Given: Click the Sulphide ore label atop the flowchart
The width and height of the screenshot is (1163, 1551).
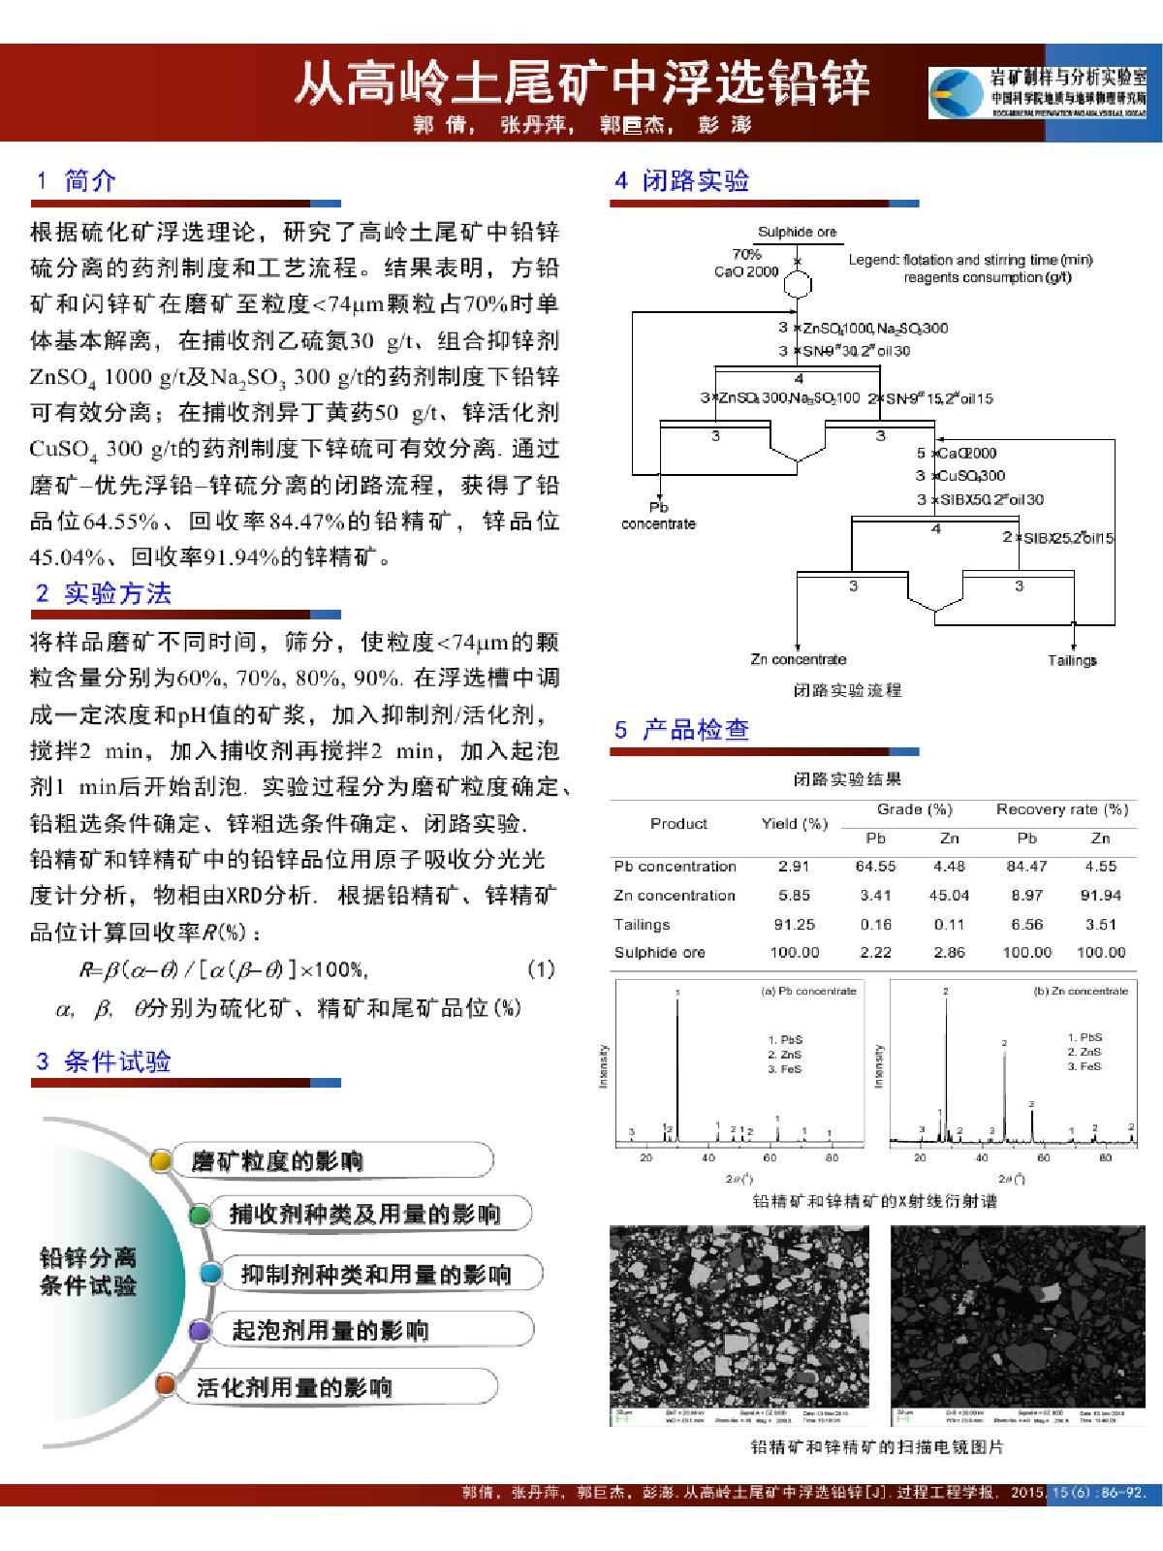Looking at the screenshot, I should pyautogui.click(x=797, y=232).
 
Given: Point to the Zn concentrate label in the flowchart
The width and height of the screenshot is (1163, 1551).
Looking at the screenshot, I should pyautogui.click(x=798, y=659).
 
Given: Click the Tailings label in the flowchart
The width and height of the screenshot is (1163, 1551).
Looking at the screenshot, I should pyautogui.click(x=1072, y=660).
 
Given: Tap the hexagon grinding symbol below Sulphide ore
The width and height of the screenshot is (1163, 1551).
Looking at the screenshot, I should pyautogui.click(x=797, y=286).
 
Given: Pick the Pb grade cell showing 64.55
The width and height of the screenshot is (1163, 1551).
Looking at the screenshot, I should pyautogui.click(x=875, y=867).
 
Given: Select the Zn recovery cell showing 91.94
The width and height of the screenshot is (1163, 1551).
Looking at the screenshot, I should pyautogui.click(x=1101, y=896).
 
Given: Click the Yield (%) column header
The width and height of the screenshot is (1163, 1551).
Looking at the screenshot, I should pyautogui.click(x=794, y=824).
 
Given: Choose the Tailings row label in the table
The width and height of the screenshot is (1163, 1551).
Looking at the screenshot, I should pyautogui.click(x=642, y=925).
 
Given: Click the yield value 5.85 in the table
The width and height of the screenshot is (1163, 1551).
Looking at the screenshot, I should pyautogui.click(x=794, y=896).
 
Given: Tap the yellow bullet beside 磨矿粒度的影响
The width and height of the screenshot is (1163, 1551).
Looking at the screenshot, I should pyautogui.click(x=162, y=1160).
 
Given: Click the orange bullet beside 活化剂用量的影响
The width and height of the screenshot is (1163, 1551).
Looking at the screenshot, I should pyautogui.click(x=166, y=1385).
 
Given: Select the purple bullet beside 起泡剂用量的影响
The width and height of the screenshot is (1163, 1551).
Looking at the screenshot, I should pyautogui.click(x=200, y=1330).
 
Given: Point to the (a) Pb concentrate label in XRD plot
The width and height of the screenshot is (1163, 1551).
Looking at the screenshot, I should pyautogui.click(x=809, y=991).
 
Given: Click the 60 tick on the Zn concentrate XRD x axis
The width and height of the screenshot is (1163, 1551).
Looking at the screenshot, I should pyautogui.click(x=1044, y=1157).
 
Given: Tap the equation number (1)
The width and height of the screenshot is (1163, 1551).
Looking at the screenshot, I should pyautogui.click(x=540, y=968).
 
